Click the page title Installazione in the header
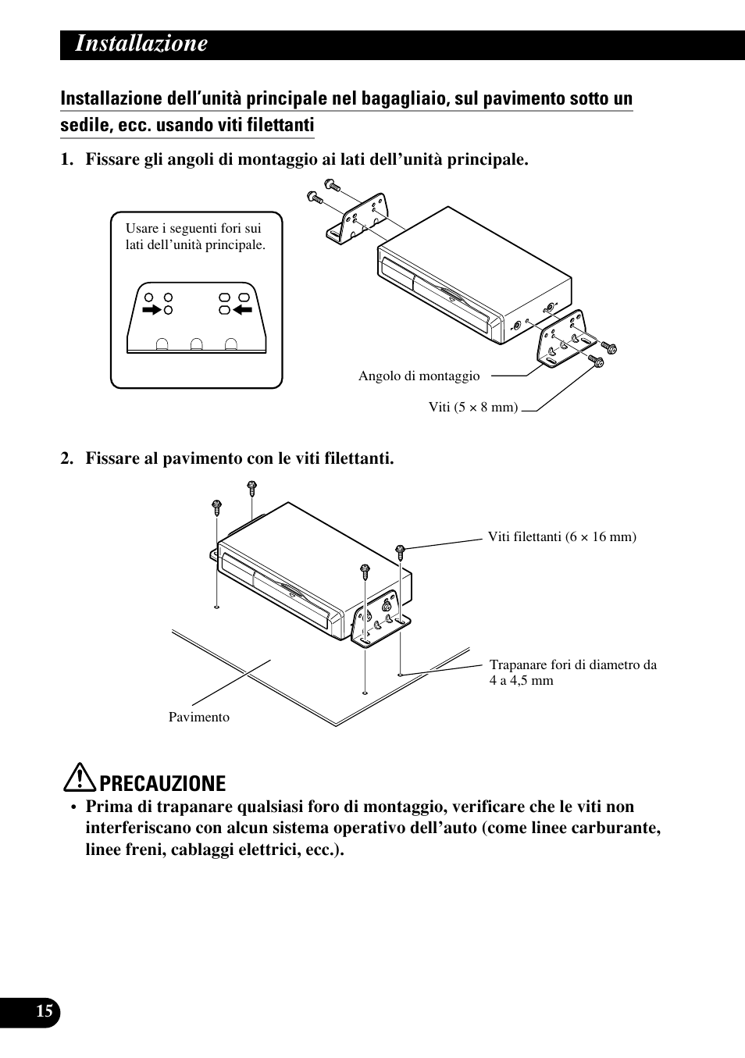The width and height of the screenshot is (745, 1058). pyautogui.click(x=141, y=44)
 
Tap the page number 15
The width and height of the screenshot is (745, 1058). pyautogui.click(x=45, y=1011)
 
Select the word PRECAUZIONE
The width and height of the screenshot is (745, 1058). pyautogui.click(x=163, y=783)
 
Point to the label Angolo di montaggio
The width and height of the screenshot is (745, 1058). pyautogui.click(x=419, y=376)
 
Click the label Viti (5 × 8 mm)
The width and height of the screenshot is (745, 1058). pyautogui.click(x=473, y=407)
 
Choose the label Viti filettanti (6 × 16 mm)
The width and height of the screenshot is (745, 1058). pyautogui.click(x=561, y=536)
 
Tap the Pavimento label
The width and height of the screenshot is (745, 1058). pyautogui.click(x=199, y=717)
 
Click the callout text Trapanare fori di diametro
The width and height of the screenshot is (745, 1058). pyautogui.click(x=572, y=665)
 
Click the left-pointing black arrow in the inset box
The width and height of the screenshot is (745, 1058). pyautogui.click(x=241, y=310)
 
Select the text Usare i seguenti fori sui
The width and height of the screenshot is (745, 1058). pyautogui.click(x=193, y=229)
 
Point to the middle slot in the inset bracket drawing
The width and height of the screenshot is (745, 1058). pyautogui.click(x=197, y=344)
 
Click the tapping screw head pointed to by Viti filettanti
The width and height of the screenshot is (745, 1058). pyautogui.click(x=401, y=550)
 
